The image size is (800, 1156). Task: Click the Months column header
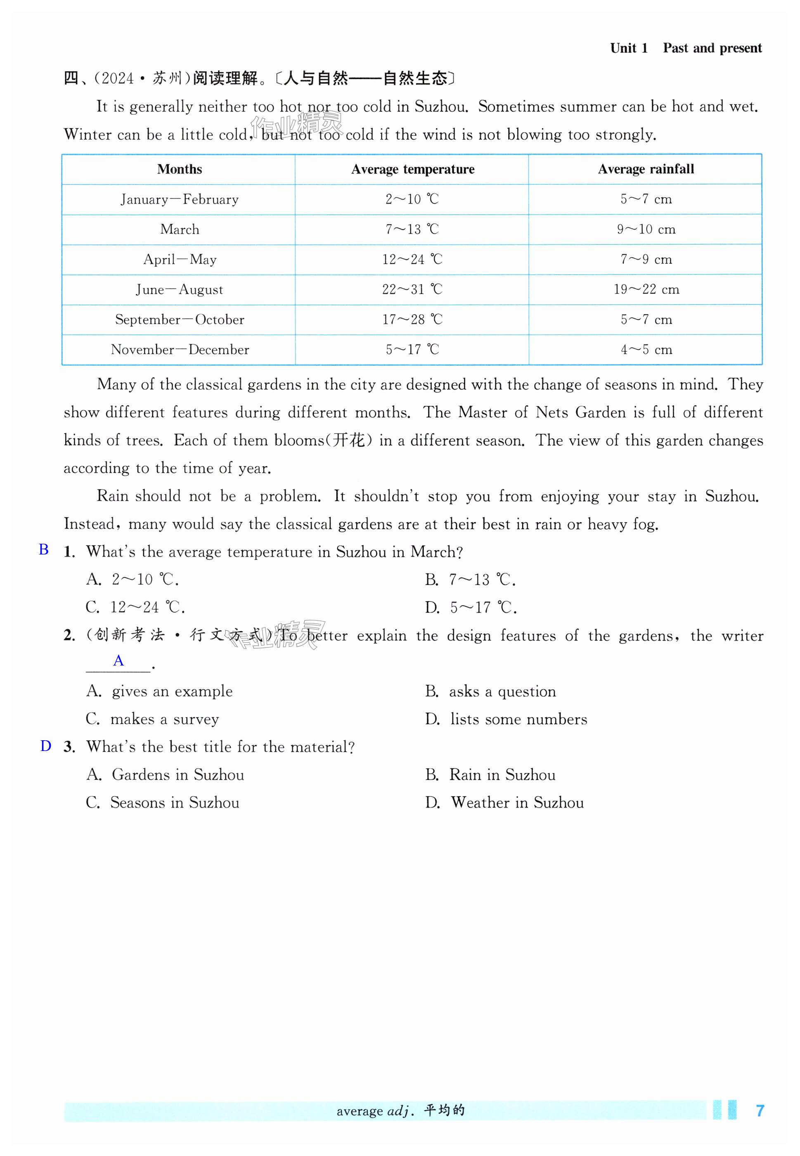pos(180,169)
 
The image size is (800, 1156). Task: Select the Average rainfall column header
pos(646,169)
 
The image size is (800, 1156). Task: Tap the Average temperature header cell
pos(412,169)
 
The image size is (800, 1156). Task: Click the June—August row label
pos(180,290)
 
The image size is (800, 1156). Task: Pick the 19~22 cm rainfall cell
pos(646,290)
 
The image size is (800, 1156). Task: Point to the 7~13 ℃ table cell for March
pos(412,230)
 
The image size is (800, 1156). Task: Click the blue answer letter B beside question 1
pos(44,550)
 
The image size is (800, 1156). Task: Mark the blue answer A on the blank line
pos(118,661)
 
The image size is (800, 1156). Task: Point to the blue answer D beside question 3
pos(45,746)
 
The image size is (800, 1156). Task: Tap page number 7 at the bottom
pos(760,1111)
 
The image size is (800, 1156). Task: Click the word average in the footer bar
pos(360,1111)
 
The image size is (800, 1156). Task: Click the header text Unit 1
pos(629,48)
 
